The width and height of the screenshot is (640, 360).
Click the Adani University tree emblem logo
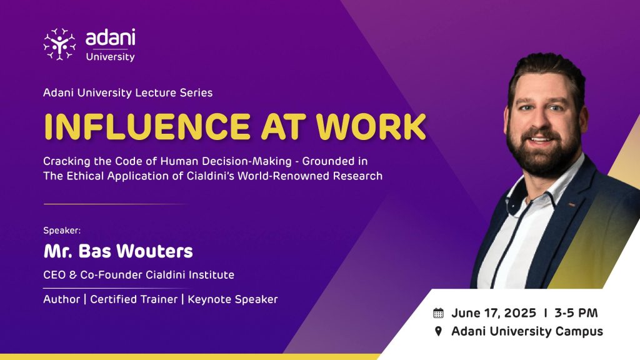[x=59, y=44]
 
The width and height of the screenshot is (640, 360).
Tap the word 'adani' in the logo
[x=110, y=37]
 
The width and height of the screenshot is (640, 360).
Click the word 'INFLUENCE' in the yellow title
[x=147, y=126]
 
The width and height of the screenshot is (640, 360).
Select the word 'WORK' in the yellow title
[x=371, y=126]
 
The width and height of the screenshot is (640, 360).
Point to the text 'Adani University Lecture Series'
[x=127, y=92]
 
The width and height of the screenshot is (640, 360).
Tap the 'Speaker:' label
[x=62, y=231]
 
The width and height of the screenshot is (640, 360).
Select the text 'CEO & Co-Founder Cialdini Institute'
[x=139, y=275]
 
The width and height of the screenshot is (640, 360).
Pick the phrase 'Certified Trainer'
[x=134, y=299]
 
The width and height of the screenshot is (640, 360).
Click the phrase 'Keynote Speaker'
[x=232, y=299]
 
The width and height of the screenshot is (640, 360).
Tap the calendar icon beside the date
[x=438, y=313]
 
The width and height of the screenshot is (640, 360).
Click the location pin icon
[x=438, y=331]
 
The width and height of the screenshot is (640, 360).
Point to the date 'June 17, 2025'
[x=494, y=313]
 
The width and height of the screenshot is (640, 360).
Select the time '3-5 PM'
[x=576, y=313]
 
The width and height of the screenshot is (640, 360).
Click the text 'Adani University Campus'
[x=527, y=331]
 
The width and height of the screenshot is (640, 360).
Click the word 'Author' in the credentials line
[x=62, y=299]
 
